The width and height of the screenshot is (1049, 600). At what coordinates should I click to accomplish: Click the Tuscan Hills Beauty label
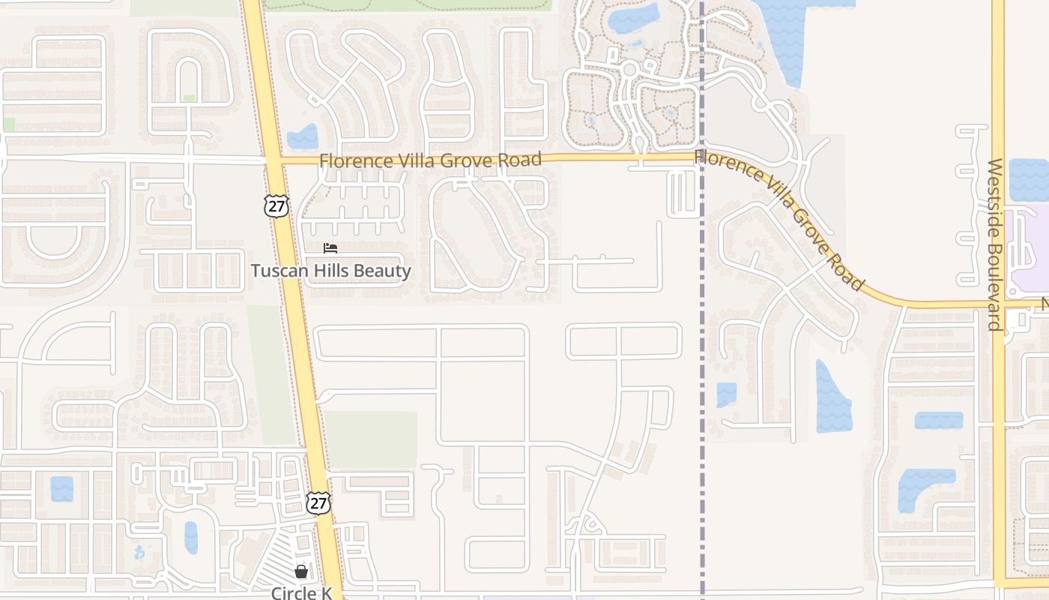coord(330,271)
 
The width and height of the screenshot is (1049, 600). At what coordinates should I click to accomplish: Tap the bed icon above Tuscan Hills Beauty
coord(330,248)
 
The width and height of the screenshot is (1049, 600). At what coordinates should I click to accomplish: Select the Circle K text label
coord(301,592)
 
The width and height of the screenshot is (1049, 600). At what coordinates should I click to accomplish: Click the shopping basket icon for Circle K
coord(301,572)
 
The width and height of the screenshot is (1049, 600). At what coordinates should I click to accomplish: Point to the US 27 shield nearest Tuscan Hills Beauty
coord(276,205)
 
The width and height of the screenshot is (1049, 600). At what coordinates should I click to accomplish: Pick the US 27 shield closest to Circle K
coord(318,502)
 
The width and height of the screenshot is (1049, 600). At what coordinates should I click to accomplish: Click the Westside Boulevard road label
coord(995,244)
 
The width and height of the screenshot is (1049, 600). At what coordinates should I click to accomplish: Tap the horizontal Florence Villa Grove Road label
coord(430,160)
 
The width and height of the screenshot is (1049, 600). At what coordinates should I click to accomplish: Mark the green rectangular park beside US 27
coord(371,439)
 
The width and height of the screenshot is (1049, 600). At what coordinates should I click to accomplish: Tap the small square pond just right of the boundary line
coord(726,394)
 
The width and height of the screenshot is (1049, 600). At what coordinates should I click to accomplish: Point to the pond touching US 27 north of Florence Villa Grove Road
coord(304,137)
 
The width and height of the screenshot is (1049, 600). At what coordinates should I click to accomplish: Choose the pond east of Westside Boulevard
coord(1028,180)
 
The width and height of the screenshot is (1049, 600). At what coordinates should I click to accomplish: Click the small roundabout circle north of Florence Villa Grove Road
coord(629,70)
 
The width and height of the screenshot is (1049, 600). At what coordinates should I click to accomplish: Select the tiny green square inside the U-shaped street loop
coord(190,98)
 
